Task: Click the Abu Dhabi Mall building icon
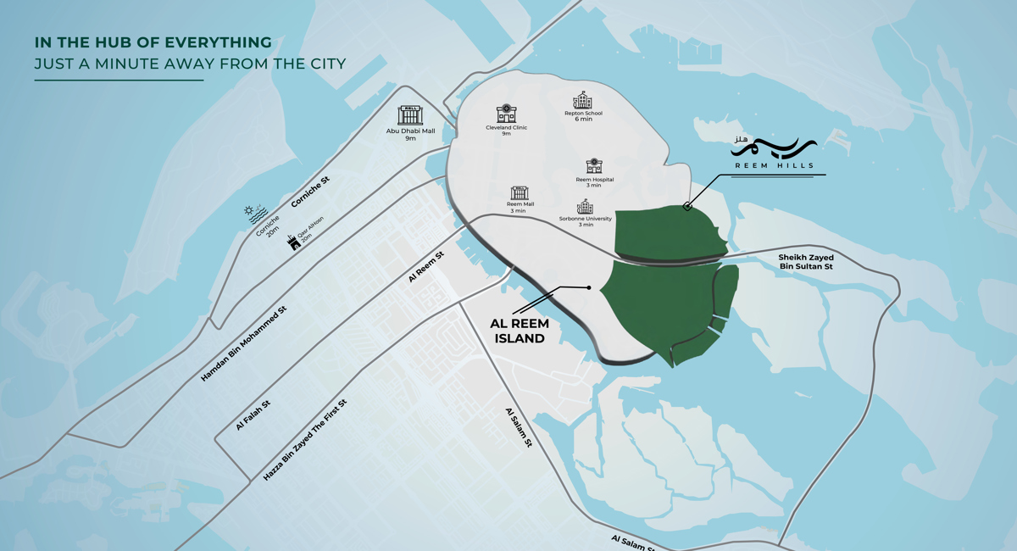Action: coord(410,115)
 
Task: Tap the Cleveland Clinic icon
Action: coord(506,114)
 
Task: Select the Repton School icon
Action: coord(582,100)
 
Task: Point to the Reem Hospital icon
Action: coord(594,166)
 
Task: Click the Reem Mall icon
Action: coord(520,193)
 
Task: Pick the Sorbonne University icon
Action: coord(585,207)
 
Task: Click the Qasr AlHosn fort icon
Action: coord(294,242)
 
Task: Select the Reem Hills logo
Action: coord(773,153)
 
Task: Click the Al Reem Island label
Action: coord(520,331)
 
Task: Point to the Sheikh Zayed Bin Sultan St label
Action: coord(806,262)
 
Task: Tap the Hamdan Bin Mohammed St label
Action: coord(244,342)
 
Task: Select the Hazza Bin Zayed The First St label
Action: coord(305,439)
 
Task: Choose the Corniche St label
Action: coord(310,192)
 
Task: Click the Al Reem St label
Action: coord(426,266)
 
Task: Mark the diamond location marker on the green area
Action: coord(687,206)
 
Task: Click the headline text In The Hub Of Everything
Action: coord(153,42)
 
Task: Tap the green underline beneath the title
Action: coord(119,81)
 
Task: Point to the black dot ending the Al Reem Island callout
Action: coord(589,287)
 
